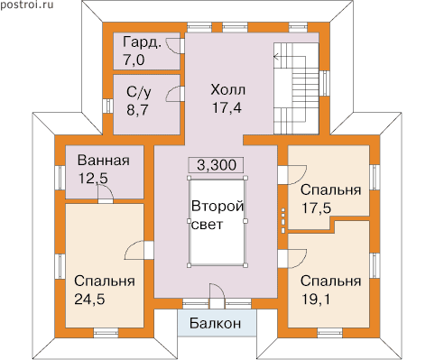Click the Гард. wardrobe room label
(x=142, y=42)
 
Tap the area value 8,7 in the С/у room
(x=137, y=110)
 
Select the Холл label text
(x=228, y=90)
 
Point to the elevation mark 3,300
(x=217, y=165)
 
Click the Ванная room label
(x=104, y=161)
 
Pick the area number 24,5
(x=89, y=300)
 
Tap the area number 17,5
(x=316, y=208)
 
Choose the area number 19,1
(x=315, y=300)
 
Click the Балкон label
(x=216, y=323)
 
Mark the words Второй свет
(x=217, y=216)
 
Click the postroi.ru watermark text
(x=27, y=5)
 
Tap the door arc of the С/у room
(x=174, y=94)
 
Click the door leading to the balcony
(x=217, y=295)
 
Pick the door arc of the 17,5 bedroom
(x=297, y=174)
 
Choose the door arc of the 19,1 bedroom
(x=297, y=259)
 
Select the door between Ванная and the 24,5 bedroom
(x=105, y=194)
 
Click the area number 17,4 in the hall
(x=227, y=108)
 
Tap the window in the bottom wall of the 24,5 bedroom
(x=106, y=332)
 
